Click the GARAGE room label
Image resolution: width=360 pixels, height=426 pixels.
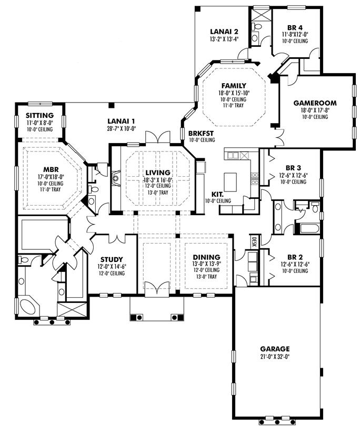[274, 349]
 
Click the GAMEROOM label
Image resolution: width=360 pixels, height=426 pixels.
[315, 103]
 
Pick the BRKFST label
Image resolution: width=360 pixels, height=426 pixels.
[201, 133]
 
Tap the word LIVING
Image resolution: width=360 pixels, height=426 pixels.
[158, 173]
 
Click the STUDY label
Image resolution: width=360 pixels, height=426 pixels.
[111, 259]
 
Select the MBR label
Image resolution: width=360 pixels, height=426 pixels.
[50, 169]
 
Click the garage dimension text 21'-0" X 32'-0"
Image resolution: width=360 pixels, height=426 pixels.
[274, 356]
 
